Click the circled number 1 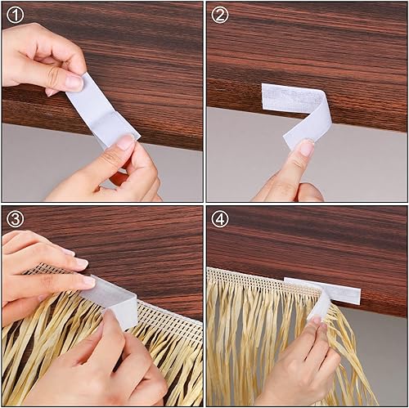(16, 15)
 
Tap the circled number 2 (220, 15)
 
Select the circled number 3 (16, 219)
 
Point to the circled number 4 (220, 219)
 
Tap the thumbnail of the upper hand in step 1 (73, 83)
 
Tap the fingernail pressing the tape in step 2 (305, 148)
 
